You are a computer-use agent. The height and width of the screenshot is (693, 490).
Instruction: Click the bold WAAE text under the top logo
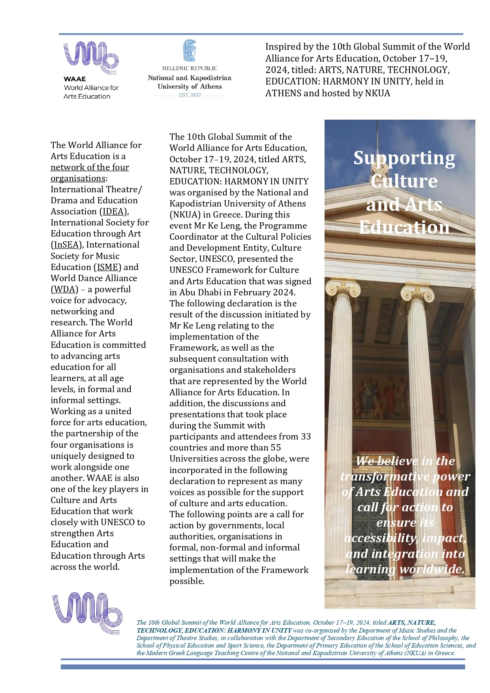click(75, 79)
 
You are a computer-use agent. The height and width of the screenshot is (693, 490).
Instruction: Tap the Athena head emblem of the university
click(190, 51)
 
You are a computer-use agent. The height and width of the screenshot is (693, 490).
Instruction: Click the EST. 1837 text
click(190, 95)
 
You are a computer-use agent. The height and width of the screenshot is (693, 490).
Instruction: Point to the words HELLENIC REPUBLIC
click(190, 68)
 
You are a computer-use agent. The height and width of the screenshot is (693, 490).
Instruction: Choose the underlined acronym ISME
click(108, 267)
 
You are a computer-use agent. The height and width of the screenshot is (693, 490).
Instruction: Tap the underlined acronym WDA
click(64, 289)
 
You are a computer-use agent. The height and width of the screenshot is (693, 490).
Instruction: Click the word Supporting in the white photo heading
click(404, 158)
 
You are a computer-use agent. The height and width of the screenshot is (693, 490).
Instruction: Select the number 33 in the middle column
click(306, 437)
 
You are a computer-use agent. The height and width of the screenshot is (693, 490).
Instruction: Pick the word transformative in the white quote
click(385, 477)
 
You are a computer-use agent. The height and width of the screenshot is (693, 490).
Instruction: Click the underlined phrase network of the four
click(90, 167)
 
